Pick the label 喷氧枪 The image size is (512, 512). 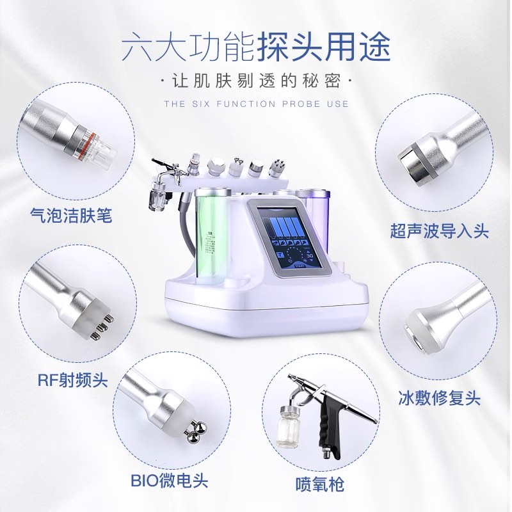(319, 483)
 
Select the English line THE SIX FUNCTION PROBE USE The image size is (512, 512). (256, 104)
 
